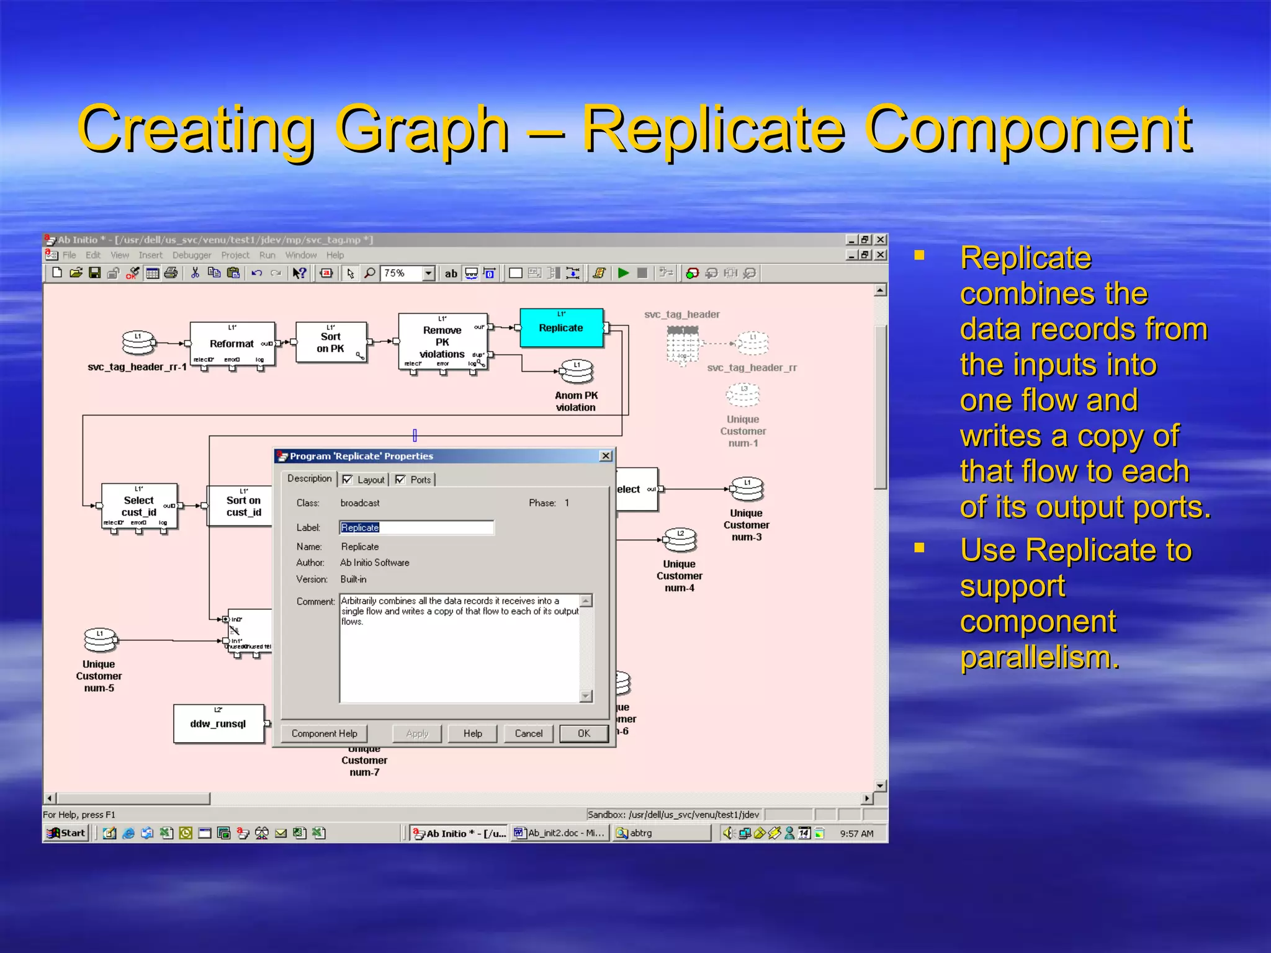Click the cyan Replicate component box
click(561, 328)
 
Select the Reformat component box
click(232, 344)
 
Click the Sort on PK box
click(331, 342)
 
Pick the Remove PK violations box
click(442, 342)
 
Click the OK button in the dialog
click(583, 733)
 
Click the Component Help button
click(324, 733)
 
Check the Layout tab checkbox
click(348, 480)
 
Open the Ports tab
click(420, 480)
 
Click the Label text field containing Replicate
click(416, 527)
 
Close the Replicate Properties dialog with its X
click(606, 456)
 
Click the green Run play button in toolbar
click(623, 273)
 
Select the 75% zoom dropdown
click(408, 273)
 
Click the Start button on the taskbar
click(66, 833)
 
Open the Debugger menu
click(191, 255)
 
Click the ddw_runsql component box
click(218, 723)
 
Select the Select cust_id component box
click(139, 506)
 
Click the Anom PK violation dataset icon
click(577, 372)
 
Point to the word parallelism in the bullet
click(1040, 657)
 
